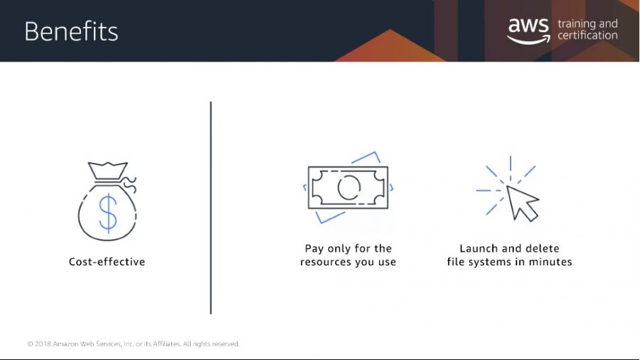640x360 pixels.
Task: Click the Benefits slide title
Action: [71, 31]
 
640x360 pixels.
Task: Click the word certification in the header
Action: [587, 36]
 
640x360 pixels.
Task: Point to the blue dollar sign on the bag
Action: [108, 213]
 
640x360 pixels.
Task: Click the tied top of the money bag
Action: [108, 171]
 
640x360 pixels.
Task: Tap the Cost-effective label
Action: [107, 262]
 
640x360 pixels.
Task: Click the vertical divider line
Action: [210, 208]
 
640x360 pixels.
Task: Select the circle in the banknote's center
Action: [349, 188]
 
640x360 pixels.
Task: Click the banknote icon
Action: [348, 187]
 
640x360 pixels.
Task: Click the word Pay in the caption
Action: [314, 248]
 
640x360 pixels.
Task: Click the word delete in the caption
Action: [542, 248]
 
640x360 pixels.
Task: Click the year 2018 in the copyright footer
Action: [43, 344]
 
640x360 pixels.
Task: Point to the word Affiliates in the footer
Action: [166, 344]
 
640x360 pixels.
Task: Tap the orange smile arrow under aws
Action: [528, 40]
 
